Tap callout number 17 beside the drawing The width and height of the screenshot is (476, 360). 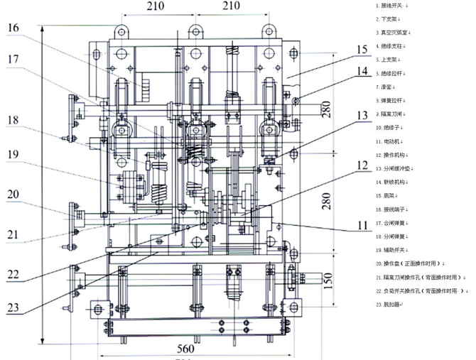[x=16, y=60]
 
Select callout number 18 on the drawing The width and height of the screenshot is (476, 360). [x=14, y=120]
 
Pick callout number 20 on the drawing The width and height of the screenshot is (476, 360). [x=14, y=194]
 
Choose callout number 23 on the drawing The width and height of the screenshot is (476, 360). [x=14, y=307]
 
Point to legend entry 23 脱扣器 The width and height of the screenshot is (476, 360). [x=389, y=304]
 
